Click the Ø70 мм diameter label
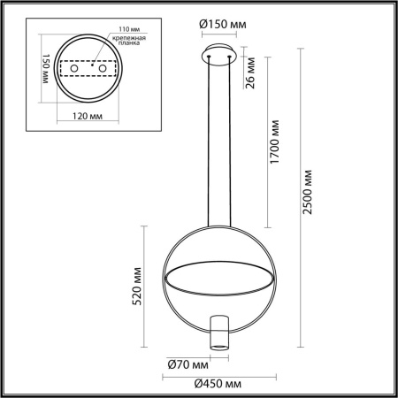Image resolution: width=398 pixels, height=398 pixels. point(188,364)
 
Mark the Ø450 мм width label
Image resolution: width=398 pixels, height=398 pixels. point(219,383)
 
